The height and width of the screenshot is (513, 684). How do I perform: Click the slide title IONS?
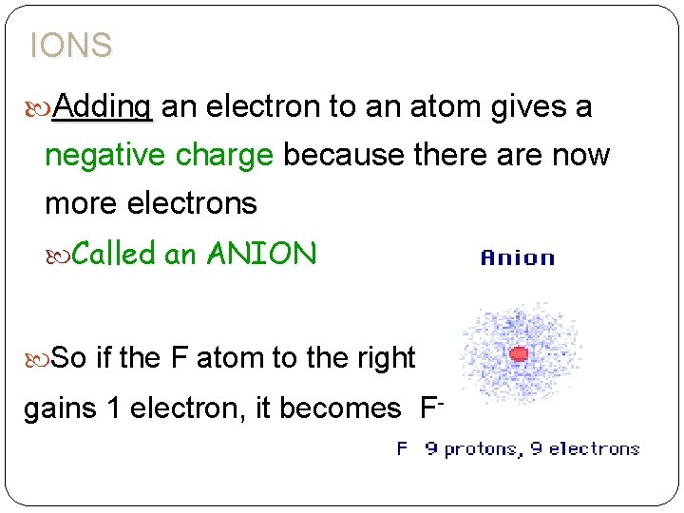[x=71, y=45]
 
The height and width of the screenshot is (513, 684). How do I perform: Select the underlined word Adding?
[x=103, y=107]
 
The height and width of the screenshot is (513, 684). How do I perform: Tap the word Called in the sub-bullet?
[x=113, y=253]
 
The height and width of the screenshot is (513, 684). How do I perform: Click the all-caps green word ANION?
[x=261, y=253]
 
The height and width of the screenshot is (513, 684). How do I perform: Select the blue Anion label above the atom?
[x=518, y=257]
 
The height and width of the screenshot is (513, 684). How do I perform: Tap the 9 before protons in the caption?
[x=431, y=448]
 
